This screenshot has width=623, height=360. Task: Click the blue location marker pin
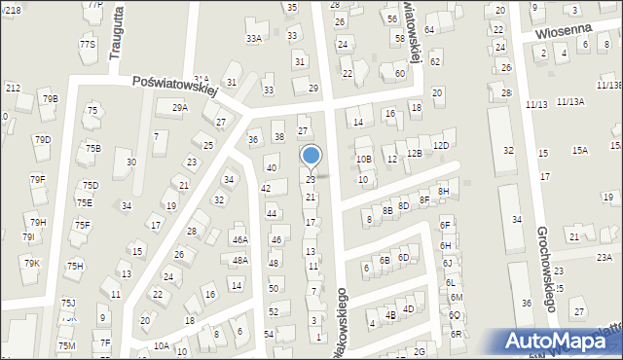pyautogui.click(x=311, y=157)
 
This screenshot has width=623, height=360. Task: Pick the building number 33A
pyautogui.click(x=254, y=39)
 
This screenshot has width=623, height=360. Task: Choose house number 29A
pyautogui.click(x=180, y=108)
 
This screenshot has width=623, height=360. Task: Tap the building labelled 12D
pyautogui.click(x=441, y=145)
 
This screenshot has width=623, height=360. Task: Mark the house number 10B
pyautogui.click(x=363, y=159)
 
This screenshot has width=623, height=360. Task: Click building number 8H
pyautogui.click(x=444, y=192)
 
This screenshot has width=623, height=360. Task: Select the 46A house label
pyautogui.click(x=239, y=239)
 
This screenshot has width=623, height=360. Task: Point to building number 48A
pyautogui.click(x=239, y=261)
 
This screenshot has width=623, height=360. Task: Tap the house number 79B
pyautogui.click(x=50, y=98)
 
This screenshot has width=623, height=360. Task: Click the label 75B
pyautogui.click(x=92, y=148)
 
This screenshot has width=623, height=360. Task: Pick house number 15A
pyautogui.click(x=580, y=150)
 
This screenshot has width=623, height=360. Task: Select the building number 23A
pyautogui.click(x=605, y=257)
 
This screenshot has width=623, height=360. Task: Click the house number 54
pyautogui.click(x=268, y=334)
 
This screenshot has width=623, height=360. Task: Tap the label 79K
pyautogui.click(x=31, y=263)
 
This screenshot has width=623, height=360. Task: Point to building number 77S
pyautogui.click(x=88, y=44)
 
